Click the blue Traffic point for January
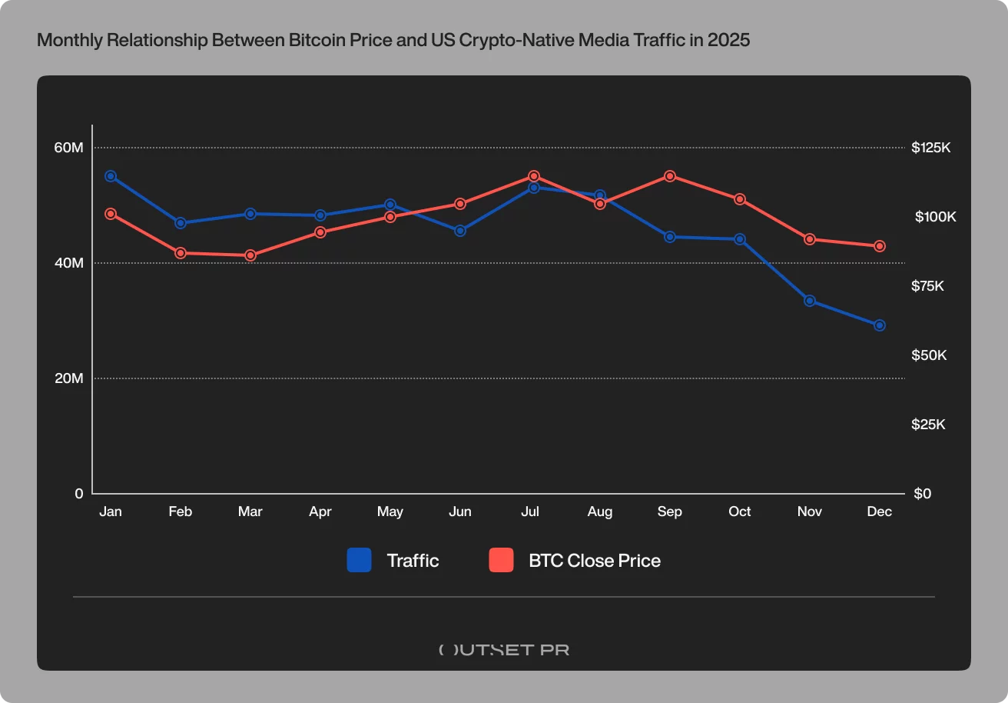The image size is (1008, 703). click(x=111, y=176)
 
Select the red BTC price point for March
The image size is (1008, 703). click(x=250, y=255)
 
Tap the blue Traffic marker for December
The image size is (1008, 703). click(x=880, y=325)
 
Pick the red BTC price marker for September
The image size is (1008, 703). click(x=670, y=176)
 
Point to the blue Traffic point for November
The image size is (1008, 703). click(x=810, y=301)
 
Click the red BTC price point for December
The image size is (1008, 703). click(x=880, y=246)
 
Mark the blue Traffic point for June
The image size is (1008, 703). click(x=460, y=231)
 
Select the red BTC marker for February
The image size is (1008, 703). click(x=181, y=253)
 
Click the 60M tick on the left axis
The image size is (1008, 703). click(x=68, y=148)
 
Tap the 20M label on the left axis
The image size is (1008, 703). click(x=68, y=378)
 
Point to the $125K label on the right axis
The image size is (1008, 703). click(x=930, y=148)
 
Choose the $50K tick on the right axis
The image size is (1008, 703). click(x=928, y=355)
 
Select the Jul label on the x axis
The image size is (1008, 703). click(x=530, y=512)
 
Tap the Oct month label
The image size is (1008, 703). click(x=740, y=512)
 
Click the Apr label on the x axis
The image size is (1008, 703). click(x=320, y=512)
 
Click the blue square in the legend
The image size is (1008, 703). click(x=359, y=561)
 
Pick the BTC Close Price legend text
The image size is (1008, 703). click(x=595, y=561)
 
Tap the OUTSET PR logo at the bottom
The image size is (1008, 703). click(x=504, y=649)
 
